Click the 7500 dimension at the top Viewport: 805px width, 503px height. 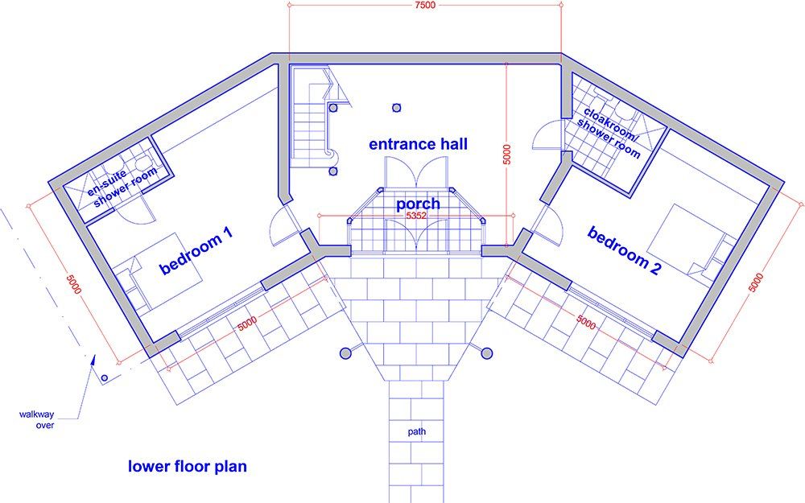coord(425,6)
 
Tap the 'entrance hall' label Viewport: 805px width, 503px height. coord(418,145)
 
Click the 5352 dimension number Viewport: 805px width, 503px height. coord(416,216)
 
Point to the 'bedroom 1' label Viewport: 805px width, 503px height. coord(197,251)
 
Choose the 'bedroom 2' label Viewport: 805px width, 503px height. coord(625,251)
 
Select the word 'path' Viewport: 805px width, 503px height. coord(416,432)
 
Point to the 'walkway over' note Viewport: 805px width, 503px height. coord(37,420)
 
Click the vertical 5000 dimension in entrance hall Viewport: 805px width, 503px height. coord(506,153)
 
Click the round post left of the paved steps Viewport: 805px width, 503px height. coord(346,352)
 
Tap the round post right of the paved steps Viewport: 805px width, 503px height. coord(487,352)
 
